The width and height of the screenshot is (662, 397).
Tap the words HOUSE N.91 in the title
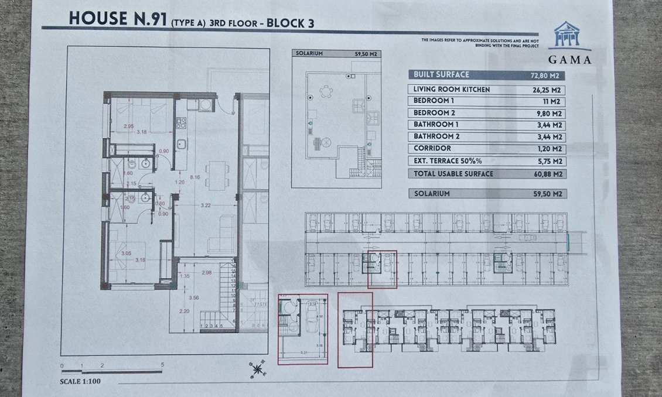tap(117, 19)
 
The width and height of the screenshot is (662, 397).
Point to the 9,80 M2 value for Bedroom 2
tap(548, 114)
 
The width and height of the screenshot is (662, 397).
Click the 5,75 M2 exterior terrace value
tap(548, 162)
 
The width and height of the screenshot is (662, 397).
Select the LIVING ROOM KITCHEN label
tap(451, 90)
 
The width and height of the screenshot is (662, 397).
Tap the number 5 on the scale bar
tap(162, 365)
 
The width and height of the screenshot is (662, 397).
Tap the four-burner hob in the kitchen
tap(181, 123)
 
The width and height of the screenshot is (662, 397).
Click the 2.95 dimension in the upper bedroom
tap(129, 126)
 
